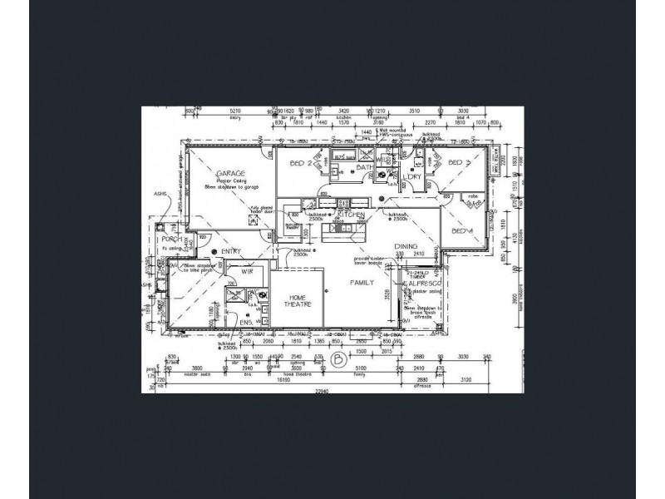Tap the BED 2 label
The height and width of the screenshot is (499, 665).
point(300,164)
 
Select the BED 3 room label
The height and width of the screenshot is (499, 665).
point(461,164)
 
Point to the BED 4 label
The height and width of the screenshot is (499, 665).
point(461,231)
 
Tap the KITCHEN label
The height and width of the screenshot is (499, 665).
point(352,215)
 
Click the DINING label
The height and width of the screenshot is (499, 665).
point(406,246)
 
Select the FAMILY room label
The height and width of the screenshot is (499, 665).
point(362,283)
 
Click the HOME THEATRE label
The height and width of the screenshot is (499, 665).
point(298,302)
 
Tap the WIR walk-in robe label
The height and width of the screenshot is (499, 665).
point(247,271)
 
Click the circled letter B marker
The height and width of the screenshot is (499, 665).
point(338,361)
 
